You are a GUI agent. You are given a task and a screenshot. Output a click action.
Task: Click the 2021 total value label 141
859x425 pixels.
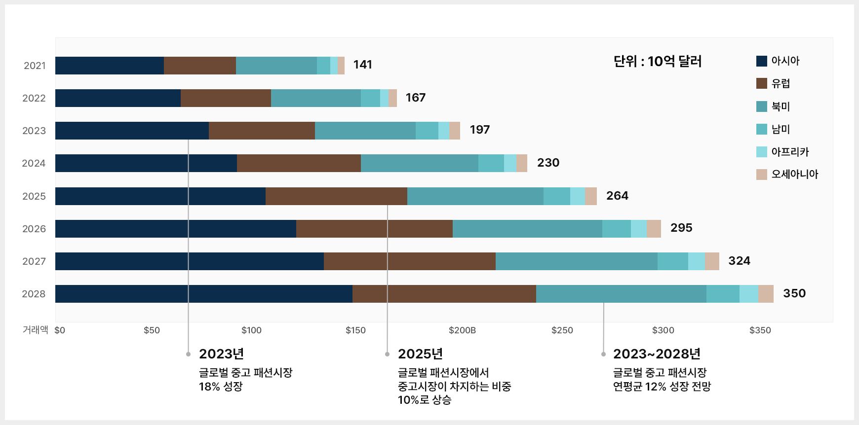pos(362,65)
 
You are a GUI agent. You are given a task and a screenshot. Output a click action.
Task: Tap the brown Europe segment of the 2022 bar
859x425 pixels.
pos(226,98)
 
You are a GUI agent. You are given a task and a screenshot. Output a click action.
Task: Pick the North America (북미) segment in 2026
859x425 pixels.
pos(527,229)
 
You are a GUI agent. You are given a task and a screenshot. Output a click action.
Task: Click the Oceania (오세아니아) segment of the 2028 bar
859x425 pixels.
pos(766,294)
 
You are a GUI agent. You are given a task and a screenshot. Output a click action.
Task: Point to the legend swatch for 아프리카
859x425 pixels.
pos(761,152)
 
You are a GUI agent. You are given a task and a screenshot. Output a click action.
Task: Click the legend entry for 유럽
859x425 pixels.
pos(781,83)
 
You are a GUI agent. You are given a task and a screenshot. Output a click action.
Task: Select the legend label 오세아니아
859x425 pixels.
pos(794,174)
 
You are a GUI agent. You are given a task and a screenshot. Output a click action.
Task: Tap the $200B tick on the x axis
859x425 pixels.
pos(462,330)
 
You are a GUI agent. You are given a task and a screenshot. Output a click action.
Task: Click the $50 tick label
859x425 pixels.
pos(152,330)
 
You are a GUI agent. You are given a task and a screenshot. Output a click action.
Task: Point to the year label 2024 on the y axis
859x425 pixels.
pos(34,163)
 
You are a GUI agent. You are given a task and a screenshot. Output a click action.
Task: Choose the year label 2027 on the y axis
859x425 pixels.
pos(34,261)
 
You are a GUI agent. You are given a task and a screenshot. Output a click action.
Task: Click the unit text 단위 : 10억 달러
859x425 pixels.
pos(657,61)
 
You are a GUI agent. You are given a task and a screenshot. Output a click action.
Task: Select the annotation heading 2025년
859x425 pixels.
pos(420,354)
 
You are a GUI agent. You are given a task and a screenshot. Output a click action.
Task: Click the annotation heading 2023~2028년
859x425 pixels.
pos(657,354)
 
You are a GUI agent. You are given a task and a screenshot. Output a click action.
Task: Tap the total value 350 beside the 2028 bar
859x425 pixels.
pos(794,293)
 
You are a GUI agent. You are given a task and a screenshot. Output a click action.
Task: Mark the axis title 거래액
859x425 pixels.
pos(35,330)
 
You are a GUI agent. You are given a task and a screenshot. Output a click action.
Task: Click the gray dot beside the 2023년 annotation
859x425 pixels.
pos(188,354)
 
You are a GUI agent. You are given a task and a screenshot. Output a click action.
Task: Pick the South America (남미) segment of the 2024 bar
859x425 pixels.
pos(491,163)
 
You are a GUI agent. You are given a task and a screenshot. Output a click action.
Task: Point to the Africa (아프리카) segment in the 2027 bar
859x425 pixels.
pos(696,261)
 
